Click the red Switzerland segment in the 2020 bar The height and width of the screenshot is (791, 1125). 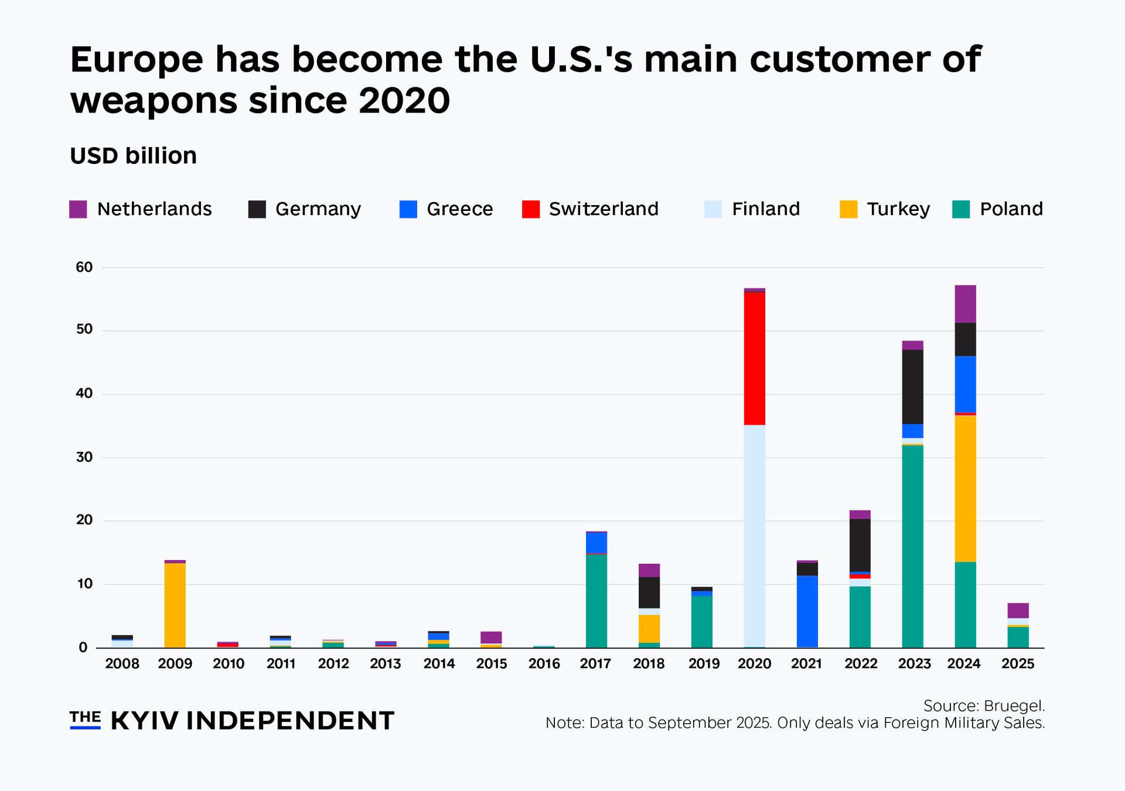pos(754,358)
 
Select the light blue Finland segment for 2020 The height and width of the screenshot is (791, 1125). pos(754,536)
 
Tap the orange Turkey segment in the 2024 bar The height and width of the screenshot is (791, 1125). pos(965,488)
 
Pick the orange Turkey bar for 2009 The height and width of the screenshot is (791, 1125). pos(175,605)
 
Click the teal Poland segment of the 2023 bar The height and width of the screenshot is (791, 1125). pos(912,546)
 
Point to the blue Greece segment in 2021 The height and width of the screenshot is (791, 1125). pos(807,611)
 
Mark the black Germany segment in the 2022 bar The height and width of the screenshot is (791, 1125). pos(860,545)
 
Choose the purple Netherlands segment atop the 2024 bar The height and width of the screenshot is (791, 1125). pos(965,304)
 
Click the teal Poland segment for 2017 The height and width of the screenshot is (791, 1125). pos(596,601)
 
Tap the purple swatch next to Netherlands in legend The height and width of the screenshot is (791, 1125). pos(78,209)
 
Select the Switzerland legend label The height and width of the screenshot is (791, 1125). pos(604,209)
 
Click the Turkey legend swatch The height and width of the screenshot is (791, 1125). pos(848,209)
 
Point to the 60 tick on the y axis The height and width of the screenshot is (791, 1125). pos(84,267)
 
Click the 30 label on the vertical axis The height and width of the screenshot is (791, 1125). pos(84,457)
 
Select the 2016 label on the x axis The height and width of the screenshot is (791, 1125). pos(544,664)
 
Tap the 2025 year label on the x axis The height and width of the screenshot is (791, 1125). pos(1018,664)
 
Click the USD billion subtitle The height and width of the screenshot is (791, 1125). pos(133,156)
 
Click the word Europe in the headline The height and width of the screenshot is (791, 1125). pos(137,60)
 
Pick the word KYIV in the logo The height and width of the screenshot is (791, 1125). pos(144,721)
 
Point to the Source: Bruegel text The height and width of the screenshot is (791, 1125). pos(984,705)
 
